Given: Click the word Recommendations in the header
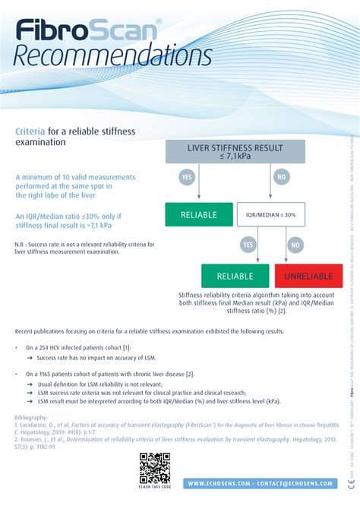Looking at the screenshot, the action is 114,55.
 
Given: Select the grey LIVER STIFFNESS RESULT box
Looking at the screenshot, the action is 235,150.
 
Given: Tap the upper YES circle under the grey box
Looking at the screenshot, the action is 187,177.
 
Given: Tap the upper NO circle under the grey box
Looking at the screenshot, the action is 282,177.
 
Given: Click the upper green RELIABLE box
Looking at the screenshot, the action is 198,215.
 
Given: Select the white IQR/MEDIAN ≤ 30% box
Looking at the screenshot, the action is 270,215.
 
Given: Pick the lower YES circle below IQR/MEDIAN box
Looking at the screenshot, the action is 248,245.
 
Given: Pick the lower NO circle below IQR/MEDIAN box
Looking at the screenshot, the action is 295,245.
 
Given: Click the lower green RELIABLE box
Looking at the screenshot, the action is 235,276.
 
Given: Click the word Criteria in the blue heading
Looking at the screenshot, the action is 30,131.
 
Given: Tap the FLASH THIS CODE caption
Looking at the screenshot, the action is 154,486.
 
